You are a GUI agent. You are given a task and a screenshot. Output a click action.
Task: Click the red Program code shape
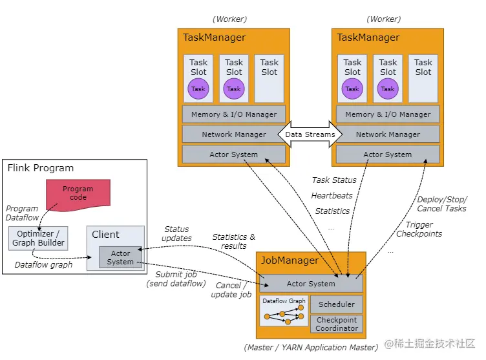coord(78,193)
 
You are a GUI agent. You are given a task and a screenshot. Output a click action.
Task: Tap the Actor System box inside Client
coord(120,257)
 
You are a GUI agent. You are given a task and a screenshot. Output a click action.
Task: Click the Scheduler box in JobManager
coord(337,304)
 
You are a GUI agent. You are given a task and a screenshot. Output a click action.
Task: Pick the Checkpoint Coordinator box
coord(337,324)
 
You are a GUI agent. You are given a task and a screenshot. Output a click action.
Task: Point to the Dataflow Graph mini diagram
coord(284,311)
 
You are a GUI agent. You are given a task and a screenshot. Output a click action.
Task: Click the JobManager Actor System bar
coord(311,284)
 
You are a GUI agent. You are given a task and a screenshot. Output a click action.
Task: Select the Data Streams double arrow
coord(310,134)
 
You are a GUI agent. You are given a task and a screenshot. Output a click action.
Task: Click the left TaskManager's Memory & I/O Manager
coord(234,114)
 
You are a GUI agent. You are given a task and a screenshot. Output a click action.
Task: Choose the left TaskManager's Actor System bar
coord(234,154)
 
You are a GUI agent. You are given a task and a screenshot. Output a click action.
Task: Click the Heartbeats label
coord(332,195)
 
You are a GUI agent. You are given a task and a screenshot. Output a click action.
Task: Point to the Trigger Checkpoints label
coord(419,229)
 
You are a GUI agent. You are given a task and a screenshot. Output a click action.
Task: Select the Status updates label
coord(176,233)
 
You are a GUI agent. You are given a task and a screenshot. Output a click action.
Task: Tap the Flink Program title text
coord(40,168)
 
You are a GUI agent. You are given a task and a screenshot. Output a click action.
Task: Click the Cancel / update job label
coord(231,290)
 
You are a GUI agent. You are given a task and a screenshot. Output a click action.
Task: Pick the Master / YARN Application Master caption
coord(311,348)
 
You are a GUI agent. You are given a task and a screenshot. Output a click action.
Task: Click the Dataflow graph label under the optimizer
coord(43,264)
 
